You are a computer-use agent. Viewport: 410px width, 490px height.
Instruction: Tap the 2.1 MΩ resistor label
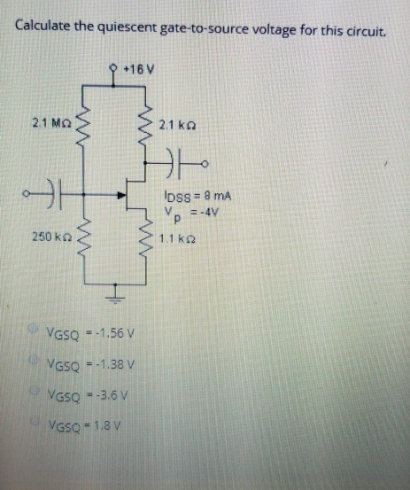pyautogui.click(x=48, y=122)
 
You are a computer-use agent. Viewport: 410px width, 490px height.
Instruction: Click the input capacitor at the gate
pyautogui.click(x=51, y=190)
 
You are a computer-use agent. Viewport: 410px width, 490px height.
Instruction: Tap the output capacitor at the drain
pyautogui.click(x=174, y=162)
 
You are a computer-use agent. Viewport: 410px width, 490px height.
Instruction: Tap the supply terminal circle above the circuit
pyautogui.click(x=114, y=66)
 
